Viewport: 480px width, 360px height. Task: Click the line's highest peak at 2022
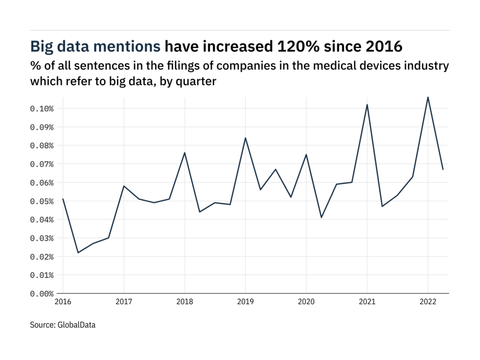pyautogui.click(x=428, y=97)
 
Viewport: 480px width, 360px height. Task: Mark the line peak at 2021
pyautogui.click(x=367, y=105)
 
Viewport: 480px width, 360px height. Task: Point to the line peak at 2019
pyautogui.click(x=245, y=138)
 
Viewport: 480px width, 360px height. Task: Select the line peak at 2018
pyautogui.click(x=185, y=153)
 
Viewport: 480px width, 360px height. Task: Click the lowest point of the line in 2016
pyautogui.click(x=78, y=253)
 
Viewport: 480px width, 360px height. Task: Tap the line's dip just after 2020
pyautogui.click(x=322, y=217)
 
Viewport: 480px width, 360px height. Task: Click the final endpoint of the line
pyautogui.click(x=443, y=169)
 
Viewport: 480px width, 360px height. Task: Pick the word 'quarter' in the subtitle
pyautogui.click(x=197, y=81)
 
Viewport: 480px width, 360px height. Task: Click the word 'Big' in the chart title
pyautogui.click(x=42, y=46)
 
